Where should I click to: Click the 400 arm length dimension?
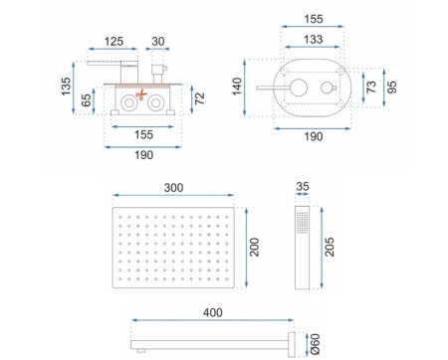coord(212,313)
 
